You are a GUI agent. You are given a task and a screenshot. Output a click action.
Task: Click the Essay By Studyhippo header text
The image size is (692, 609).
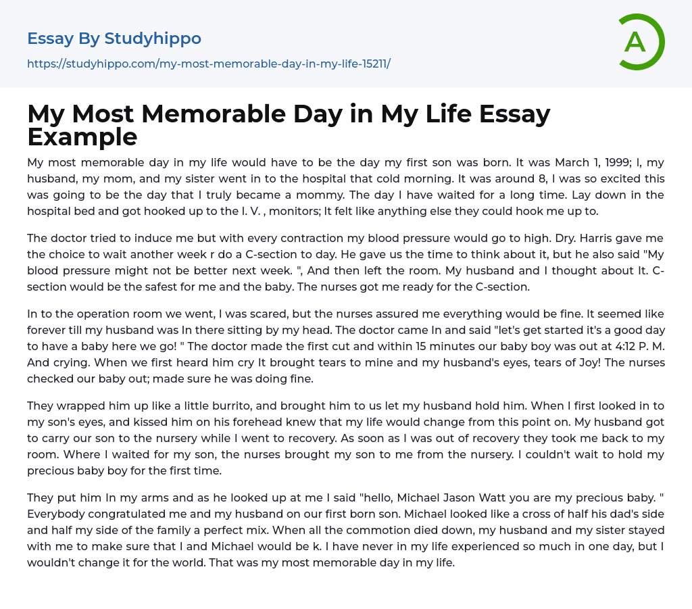tap(114, 39)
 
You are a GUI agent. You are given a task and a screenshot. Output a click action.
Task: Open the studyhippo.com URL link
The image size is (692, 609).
tap(209, 64)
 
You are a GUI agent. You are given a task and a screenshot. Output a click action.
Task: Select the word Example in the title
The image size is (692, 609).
tap(82, 137)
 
